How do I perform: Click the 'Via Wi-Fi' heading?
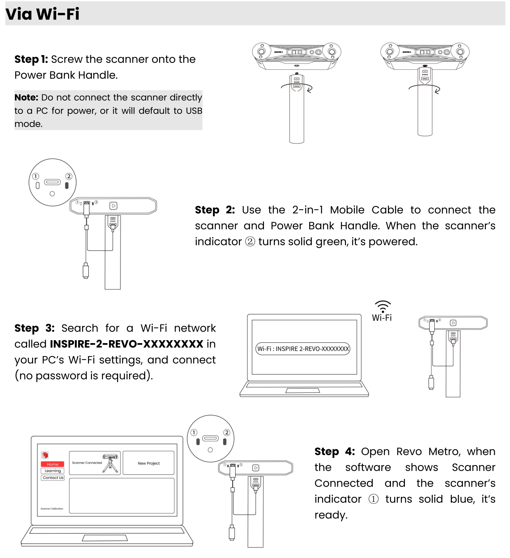coord(42,14)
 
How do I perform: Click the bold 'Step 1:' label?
coord(31,59)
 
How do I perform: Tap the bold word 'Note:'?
coord(26,98)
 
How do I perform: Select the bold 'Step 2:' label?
coord(215,210)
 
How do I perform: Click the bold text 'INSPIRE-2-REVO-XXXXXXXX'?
coord(127,344)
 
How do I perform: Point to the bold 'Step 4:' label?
coord(334,452)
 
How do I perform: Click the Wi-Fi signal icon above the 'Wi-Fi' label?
coord(383,306)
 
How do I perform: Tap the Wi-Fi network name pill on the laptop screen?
coord(303,349)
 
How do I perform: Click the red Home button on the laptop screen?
coord(53,464)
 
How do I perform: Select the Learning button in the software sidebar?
coord(53,471)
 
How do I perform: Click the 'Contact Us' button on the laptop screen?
coord(53,478)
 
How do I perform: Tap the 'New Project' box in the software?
coord(149,463)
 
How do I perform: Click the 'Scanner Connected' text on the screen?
coord(87,463)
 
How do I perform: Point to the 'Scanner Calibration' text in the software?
coord(52,509)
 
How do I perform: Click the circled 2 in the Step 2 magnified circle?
coord(69,176)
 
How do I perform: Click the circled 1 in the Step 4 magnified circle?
coord(194,432)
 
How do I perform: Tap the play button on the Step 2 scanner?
coord(113,206)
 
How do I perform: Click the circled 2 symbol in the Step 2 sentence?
coord(250,242)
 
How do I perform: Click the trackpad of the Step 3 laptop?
coord(303,390)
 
